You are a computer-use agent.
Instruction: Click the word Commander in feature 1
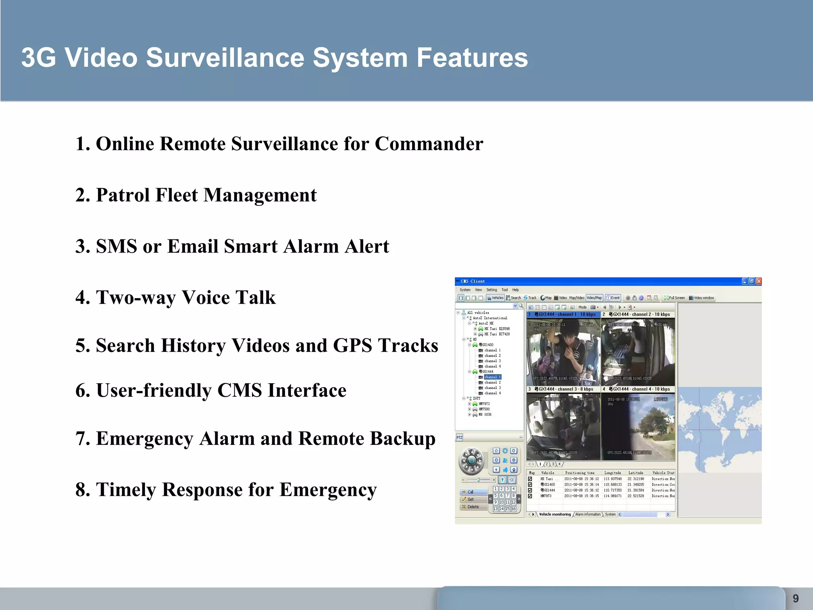click(429, 144)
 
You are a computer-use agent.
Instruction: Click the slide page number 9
click(796, 598)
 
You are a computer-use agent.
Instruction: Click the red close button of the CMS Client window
click(759, 281)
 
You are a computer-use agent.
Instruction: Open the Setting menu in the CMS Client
click(491, 290)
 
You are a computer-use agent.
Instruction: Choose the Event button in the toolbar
click(613, 298)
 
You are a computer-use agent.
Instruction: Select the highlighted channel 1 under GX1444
click(492, 377)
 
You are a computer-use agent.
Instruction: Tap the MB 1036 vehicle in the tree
click(485, 415)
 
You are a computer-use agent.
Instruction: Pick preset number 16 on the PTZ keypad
click(513, 509)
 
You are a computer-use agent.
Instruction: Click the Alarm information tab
click(588, 514)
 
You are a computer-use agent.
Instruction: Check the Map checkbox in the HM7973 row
click(530, 496)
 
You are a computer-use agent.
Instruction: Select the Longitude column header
click(613, 473)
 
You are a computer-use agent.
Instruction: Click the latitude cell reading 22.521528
click(636, 496)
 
